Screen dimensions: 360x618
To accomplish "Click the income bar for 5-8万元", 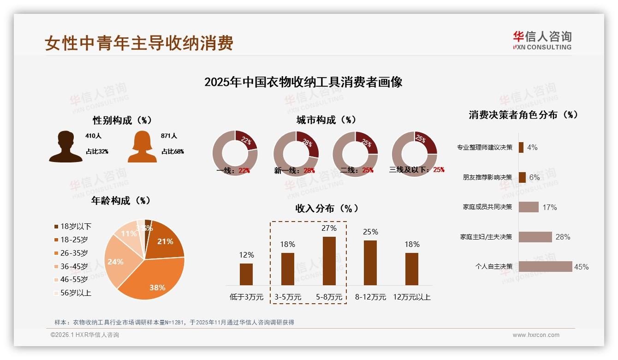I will tap(329, 261).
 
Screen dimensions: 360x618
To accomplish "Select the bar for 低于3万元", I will tap(246, 274).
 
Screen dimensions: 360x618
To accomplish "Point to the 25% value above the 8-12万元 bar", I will tap(370, 232).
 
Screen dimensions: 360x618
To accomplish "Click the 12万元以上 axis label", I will tap(411, 297).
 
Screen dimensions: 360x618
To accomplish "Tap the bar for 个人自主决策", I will tap(545, 266).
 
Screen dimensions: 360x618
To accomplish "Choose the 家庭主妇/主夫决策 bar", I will tap(535, 237).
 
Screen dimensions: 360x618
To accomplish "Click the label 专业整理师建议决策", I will tap(484, 147).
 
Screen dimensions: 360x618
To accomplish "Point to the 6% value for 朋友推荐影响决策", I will tap(534, 177).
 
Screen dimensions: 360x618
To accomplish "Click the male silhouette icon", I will tap(65, 146).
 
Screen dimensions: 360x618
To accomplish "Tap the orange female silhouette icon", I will tap(142, 146).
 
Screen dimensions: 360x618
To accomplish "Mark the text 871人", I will tap(169, 136).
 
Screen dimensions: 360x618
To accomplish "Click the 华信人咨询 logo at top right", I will tap(542, 40).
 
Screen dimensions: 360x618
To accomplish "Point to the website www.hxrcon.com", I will tap(535, 335).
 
